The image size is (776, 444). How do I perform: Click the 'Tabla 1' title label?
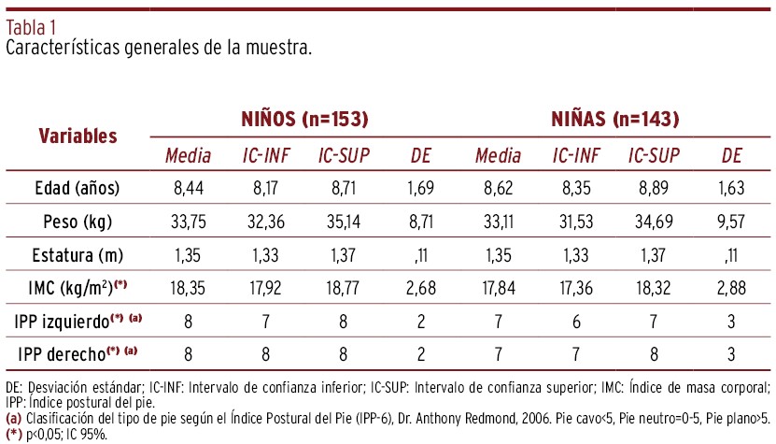pyautogui.click(x=31, y=27)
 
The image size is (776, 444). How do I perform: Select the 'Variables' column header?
pyautogui.click(x=78, y=136)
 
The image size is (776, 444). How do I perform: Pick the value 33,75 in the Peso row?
pyautogui.click(x=188, y=222)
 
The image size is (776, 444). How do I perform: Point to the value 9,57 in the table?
pyautogui.click(x=731, y=222)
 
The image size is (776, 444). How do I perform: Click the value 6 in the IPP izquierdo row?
pyautogui.click(x=576, y=321)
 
